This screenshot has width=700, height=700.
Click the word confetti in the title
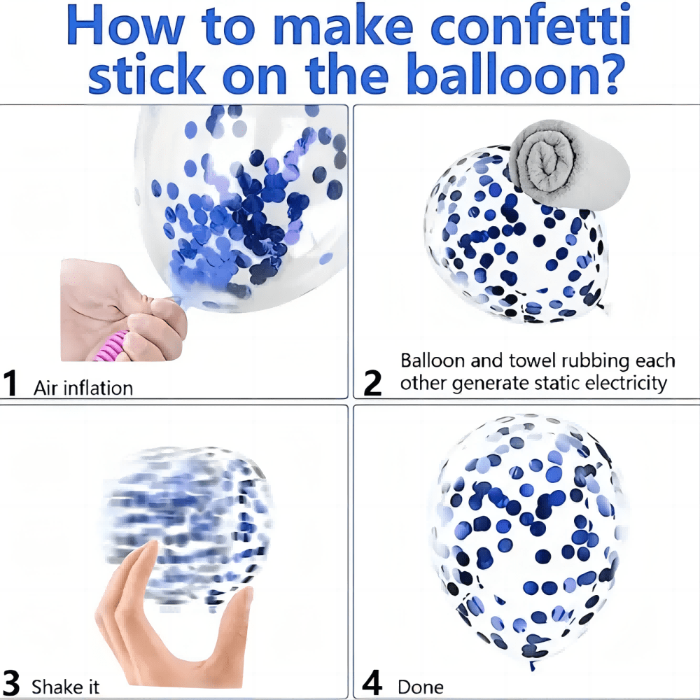pyautogui.click(x=531, y=26)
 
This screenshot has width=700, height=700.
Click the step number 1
pyautogui.click(x=10, y=383)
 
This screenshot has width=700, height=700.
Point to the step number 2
pyautogui.click(x=373, y=383)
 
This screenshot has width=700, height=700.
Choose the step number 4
pyautogui.click(x=372, y=682)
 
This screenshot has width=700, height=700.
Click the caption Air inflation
pyautogui.click(x=83, y=388)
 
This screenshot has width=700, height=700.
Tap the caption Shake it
pyautogui.click(x=65, y=687)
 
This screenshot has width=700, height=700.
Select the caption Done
pyautogui.click(x=421, y=687)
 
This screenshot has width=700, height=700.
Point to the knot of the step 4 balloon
pyautogui.click(x=532, y=665)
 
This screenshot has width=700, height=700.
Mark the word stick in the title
pyautogui.click(x=147, y=73)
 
